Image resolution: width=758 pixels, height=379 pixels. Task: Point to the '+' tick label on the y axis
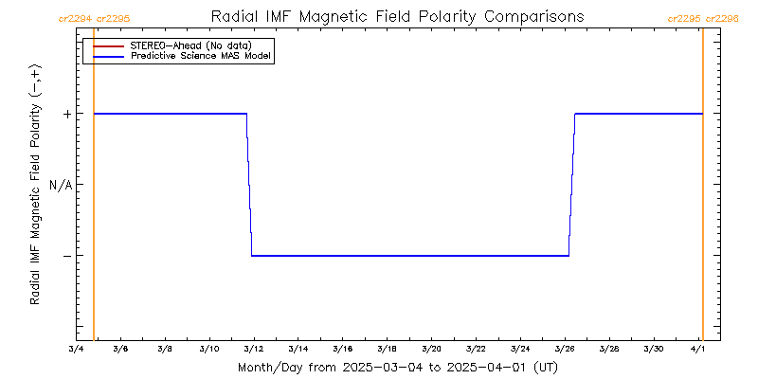(x=67, y=114)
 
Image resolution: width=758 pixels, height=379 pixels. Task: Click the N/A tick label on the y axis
(x=61, y=185)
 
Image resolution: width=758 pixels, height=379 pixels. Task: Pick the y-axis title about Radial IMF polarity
(x=35, y=186)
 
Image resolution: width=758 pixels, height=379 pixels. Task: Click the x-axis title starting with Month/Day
(x=397, y=367)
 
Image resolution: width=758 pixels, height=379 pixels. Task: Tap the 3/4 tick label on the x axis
(x=76, y=349)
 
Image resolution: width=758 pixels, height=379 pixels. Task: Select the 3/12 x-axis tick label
(x=253, y=349)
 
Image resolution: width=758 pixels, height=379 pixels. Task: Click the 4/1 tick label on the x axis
(x=698, y=349)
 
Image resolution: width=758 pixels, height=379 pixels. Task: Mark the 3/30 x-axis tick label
(x=654, y=349)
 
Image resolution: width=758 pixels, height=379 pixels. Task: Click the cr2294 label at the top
(x=75, y=18)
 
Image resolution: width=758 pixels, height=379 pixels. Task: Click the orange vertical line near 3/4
(x=94, y=189)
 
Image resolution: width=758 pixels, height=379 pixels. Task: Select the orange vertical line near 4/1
(x=702, y=189)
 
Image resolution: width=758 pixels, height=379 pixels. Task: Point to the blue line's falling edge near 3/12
(x=249, y=185)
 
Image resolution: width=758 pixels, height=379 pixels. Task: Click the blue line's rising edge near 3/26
(x=571, y=185)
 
